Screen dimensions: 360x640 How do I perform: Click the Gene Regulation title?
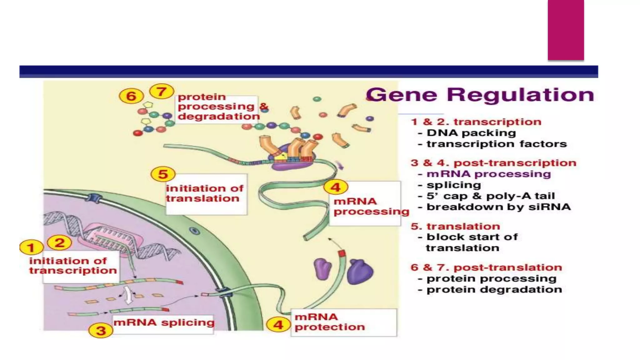tap(480, 95)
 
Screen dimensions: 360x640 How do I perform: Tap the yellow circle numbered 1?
tap(31, 248)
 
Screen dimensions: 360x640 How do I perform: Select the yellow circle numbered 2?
tap(59, 242)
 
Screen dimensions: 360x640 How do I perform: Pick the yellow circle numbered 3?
tap(101, 330)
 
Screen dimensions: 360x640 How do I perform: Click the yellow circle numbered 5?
tap(163, 174)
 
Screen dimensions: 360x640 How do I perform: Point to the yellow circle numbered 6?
tap(131, 96)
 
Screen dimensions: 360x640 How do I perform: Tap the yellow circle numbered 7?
tap(162, 92)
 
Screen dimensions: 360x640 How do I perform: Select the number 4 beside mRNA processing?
tap(336, 187)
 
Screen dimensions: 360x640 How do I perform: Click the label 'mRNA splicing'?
tap(164, 322)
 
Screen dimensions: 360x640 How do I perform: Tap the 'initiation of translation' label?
tap(204, 193)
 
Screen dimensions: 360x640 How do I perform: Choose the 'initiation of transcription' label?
tap(73, 266)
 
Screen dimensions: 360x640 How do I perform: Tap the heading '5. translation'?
tap(455, 226)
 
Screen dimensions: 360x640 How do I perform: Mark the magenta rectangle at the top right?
tap(566, 30)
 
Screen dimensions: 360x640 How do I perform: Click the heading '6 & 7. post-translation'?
tap(486, 267)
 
